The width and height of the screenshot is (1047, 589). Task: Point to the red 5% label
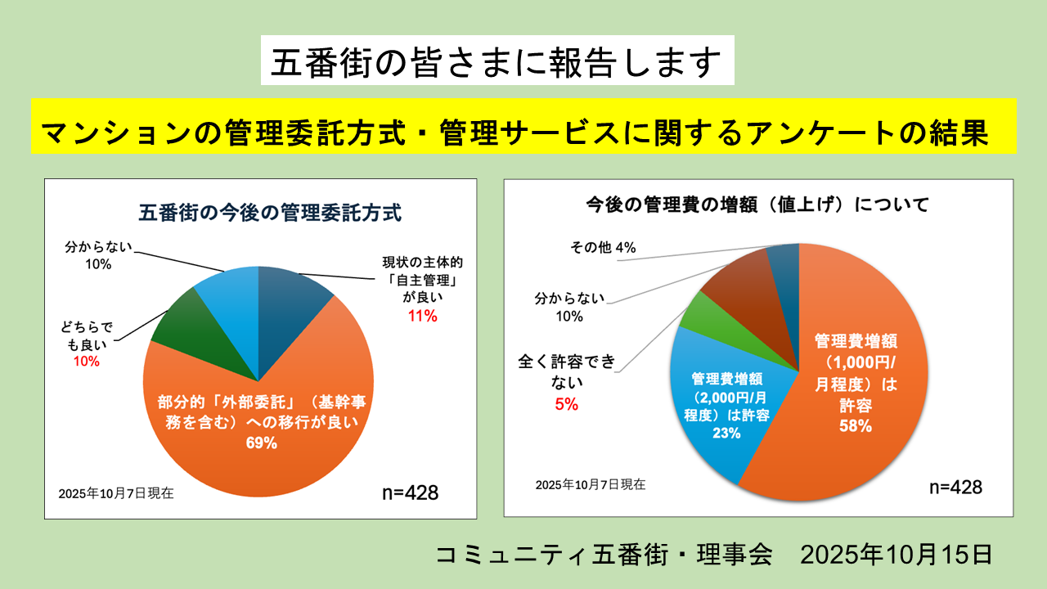tap(566, 403)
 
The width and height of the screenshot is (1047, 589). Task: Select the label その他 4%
tap(603, 247)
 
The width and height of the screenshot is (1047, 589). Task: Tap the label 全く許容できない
tap(566, 370)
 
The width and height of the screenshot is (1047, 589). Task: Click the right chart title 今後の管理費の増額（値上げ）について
tap(758, 205)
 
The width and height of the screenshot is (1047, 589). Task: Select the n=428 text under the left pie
tap(411, 492)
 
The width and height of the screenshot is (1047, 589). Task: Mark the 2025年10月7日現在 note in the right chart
tap(590, 484)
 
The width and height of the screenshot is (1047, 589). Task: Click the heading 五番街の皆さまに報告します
tap(497, 61)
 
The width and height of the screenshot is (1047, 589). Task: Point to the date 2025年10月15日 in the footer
tap(896, 554)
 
